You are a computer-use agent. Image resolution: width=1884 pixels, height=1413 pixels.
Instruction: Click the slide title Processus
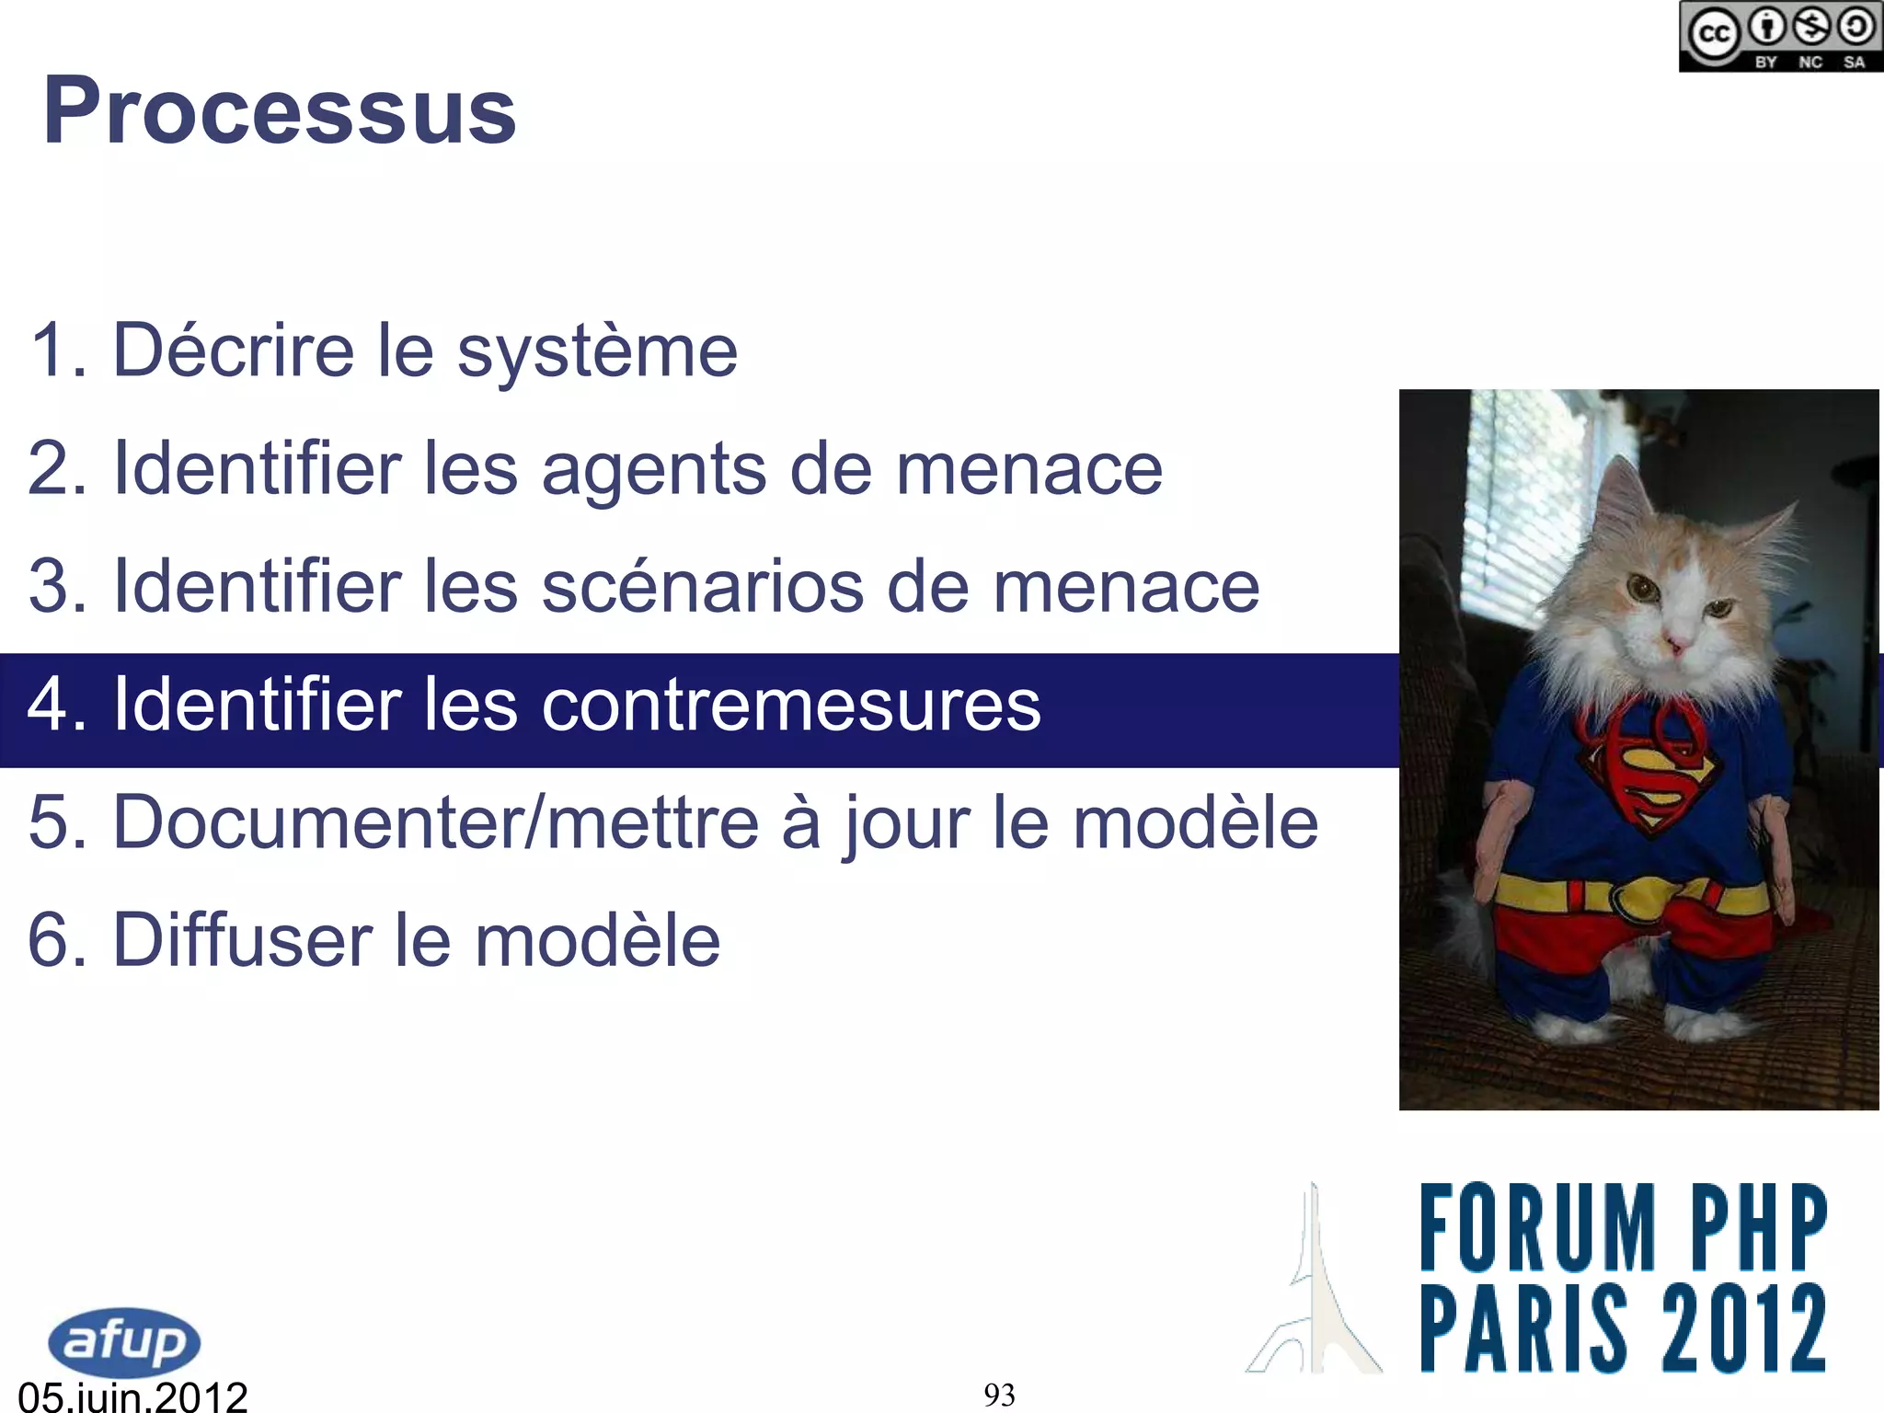coord(280,111)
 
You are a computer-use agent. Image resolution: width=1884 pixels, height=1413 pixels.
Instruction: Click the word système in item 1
coord(597,351)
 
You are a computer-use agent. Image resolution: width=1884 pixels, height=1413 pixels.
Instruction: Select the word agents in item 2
coord(653,469)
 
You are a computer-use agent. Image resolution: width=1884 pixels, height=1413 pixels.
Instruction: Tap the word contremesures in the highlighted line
coord(791,705)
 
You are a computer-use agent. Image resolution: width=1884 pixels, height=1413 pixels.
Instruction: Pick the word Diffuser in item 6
coord(242,939)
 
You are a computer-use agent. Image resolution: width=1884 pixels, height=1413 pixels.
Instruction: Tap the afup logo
coord(124,1341)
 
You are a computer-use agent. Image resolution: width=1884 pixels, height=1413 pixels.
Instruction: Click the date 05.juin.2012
coord(133,1396)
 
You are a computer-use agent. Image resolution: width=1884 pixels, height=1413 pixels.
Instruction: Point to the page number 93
coord(999,1396)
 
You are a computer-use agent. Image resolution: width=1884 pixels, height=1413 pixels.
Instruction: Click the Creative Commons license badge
coord(1780,37)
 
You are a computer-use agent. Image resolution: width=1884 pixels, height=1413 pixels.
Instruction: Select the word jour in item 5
coord(907,821)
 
